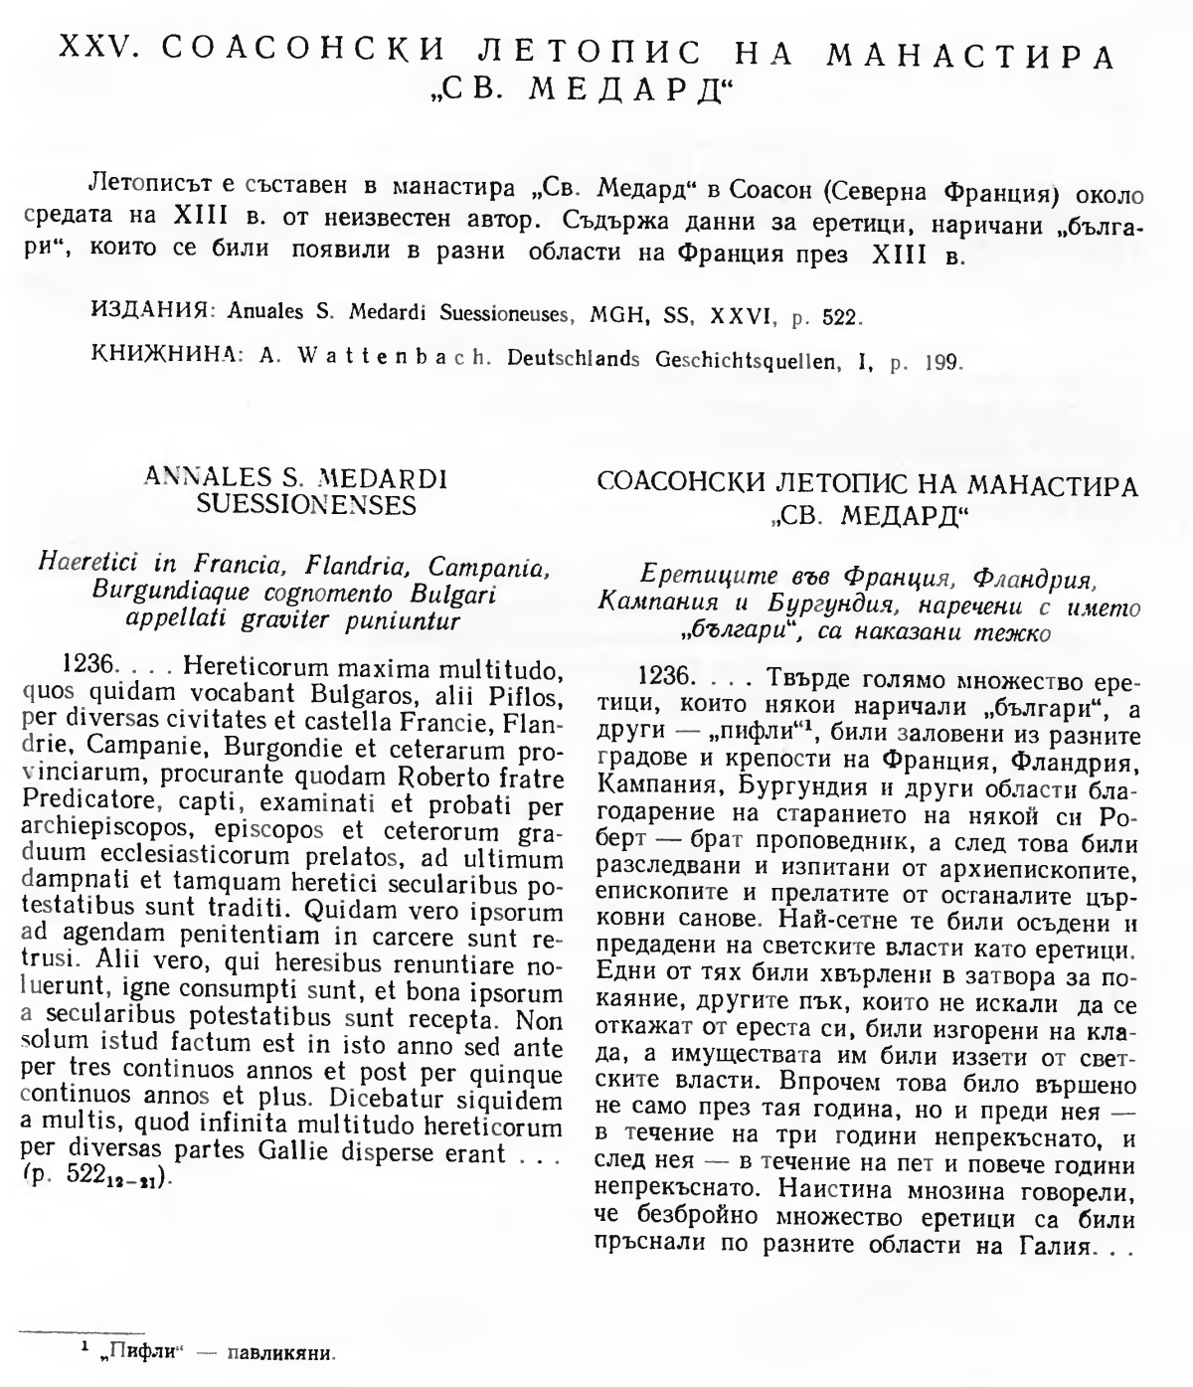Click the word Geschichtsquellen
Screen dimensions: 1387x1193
(738, 359)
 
